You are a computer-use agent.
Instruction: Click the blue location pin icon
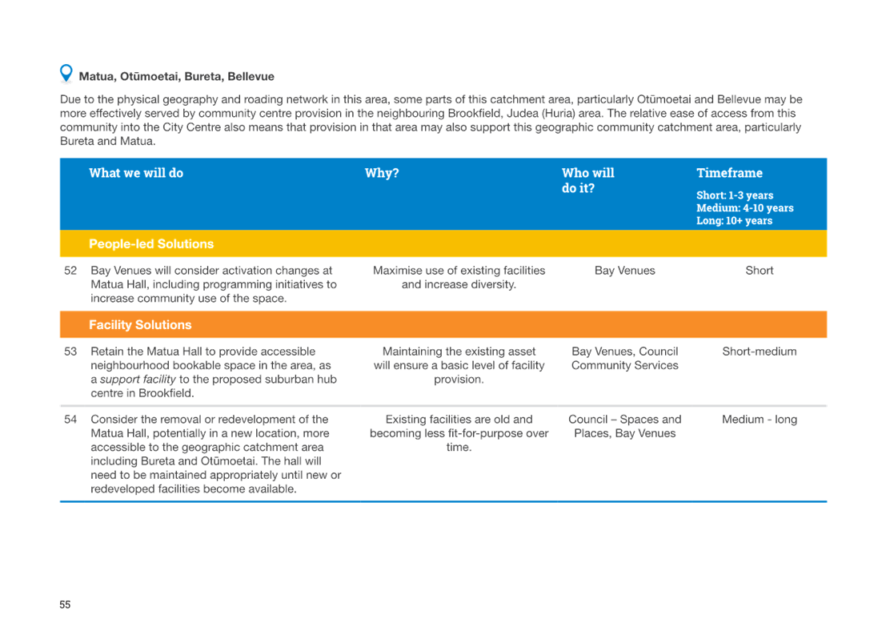pyautogui.click(x=66, y=74)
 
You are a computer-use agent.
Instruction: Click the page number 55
pyautogui.click(x=65, y=605)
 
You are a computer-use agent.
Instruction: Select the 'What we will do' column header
pyautogui.click(x=136, y=173)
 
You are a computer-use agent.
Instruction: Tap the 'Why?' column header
pyautogui.click(x=382, y=173)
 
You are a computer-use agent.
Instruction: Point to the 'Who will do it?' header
pyautogui.click(x=587, y=180)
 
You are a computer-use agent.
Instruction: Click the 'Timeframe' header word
pyautogui.click(x=729, y=173)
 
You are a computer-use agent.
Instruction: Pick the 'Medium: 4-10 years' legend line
pyautogui.click(x=745, y=208)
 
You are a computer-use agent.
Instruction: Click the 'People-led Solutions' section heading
pyautogui.click(x=151, y=243)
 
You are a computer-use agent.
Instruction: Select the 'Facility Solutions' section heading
pyautogui.click(x=140, y=324)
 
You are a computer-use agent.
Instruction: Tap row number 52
pyautogui.click(x=70, y=271)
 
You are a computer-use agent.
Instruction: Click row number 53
pyautogui.click(x=70, y=352)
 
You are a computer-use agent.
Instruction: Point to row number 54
pyautogui.click(x=70, y=420)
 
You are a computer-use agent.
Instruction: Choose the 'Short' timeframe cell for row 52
pyautogui.click(x=760, y=271)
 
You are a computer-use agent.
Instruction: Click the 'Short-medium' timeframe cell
pyautogui.click(x=760, y=352)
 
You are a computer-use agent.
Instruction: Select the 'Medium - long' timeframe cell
pyautogui.click(x=760, y=420)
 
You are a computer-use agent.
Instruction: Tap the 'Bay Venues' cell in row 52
pyautogui.click(x=625, y=271)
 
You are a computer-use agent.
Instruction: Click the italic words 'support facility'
pyautogui.click(x=138, y=380)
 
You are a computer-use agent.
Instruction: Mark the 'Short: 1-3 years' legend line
pyautogui.click(x=735, y=195)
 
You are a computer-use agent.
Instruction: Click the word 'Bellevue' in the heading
pyautogui.click(x=251, y=76)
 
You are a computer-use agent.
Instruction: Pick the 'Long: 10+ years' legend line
pyautogui.click(x=734, y=220)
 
